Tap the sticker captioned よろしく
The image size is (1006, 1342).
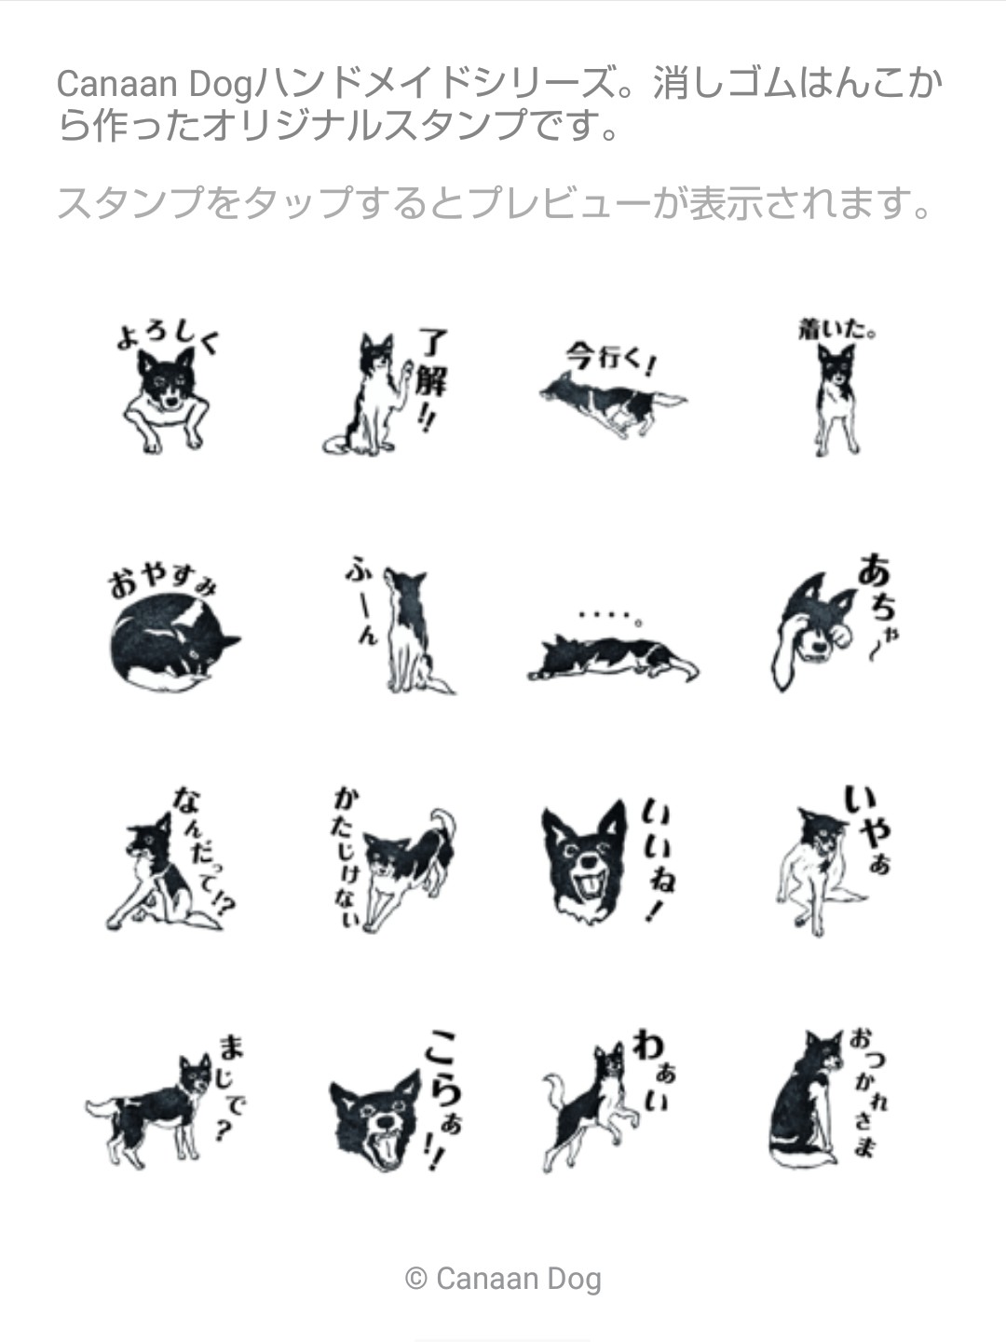(x=166, y=390)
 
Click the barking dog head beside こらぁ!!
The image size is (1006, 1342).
(x=375, y=1120)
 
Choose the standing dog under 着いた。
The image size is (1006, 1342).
(x=836, y=400)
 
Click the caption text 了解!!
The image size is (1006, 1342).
(x=432, y=379)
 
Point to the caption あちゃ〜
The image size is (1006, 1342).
(x=878, y=605)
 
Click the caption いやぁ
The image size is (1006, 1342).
(x=868, y=829)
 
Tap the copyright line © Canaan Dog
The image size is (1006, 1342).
(x=503, y=1279)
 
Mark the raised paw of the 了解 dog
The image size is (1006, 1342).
(x=406, y=371)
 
